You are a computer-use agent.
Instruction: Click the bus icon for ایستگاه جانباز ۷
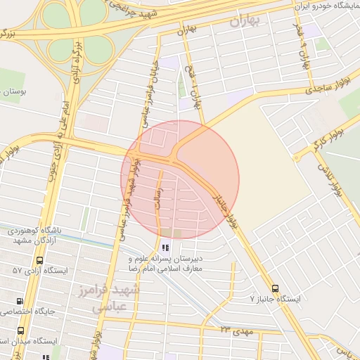click(275, 288)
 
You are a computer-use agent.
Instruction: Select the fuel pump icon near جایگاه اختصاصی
click(20, 301)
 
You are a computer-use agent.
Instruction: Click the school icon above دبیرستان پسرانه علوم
click(165, 247)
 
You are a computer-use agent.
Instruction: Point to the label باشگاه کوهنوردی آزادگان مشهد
click(45, 236)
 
